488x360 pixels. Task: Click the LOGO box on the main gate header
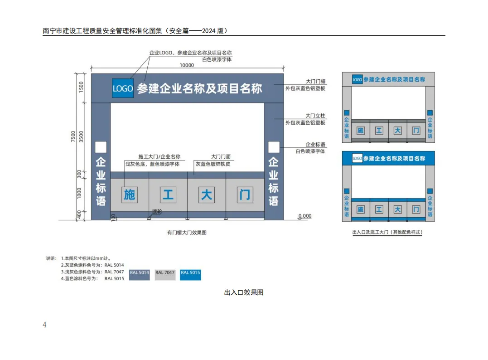[x=123, y=88]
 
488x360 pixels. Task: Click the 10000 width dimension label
[x=187, y=65]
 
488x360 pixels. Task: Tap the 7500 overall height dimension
[x=73, y=136]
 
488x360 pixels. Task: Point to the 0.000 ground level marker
[x=304, y=216]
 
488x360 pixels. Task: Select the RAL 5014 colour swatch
[x=139, y=274]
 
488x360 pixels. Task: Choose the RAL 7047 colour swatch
[x=165, y=274]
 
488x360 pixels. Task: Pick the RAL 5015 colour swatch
[x=190, y=274]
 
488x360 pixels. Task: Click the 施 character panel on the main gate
[x=130, y=195]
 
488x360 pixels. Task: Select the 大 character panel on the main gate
[x=207, y=195]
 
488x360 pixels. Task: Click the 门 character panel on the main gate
[x=245, y=195]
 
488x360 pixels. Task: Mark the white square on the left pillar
[x=101, y=147]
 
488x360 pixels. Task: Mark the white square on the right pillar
[x=273, y=147]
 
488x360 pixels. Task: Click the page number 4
[x=44, y=325]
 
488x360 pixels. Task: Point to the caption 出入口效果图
[x=244, y=292]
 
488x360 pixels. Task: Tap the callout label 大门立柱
[x=315, y=116]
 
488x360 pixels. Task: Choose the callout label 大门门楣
[x=315, y=82]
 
